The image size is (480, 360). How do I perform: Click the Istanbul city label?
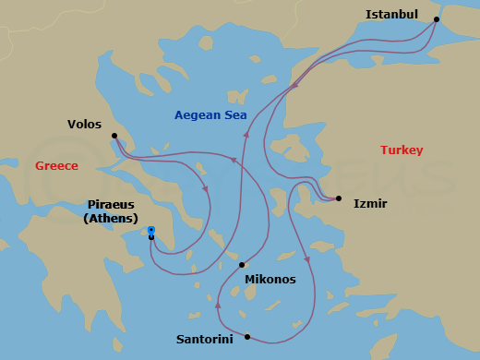click(x=391, y=15)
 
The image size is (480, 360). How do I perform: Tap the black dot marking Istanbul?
click(x=437, y=19)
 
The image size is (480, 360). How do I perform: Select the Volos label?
click(x=85, y=124)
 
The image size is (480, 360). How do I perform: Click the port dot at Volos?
click(x=114, y=136)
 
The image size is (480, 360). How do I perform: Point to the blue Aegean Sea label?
click(x=210, y=115)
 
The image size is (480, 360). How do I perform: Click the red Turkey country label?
click(x=402, y=150)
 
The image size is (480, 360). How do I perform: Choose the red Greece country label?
click(x=56, y=166)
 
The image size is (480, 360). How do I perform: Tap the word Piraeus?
click(x=112, y=204)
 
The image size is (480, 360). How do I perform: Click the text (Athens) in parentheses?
click(x=111, y=219)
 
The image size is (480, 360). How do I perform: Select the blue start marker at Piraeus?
click(x=151, y=230)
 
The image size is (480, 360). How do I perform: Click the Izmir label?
click(x=370, y=203)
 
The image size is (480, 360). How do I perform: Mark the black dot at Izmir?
click(x=339, y=198)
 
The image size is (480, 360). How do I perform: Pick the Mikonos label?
click(x=270, y=279)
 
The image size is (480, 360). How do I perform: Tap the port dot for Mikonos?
click(x=242, y=264)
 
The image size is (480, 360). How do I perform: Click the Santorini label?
click(x=205, y=339)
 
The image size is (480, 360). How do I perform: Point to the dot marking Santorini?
click(x=247, y=336)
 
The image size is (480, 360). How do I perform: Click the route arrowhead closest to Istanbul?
click(x=295, y=86)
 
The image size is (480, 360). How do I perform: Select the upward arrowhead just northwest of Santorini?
click(x=217, y=304)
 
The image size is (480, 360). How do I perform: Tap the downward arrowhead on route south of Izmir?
click(x=307, y=258)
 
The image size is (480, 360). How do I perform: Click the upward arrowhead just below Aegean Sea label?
click(x=246, y=135)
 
